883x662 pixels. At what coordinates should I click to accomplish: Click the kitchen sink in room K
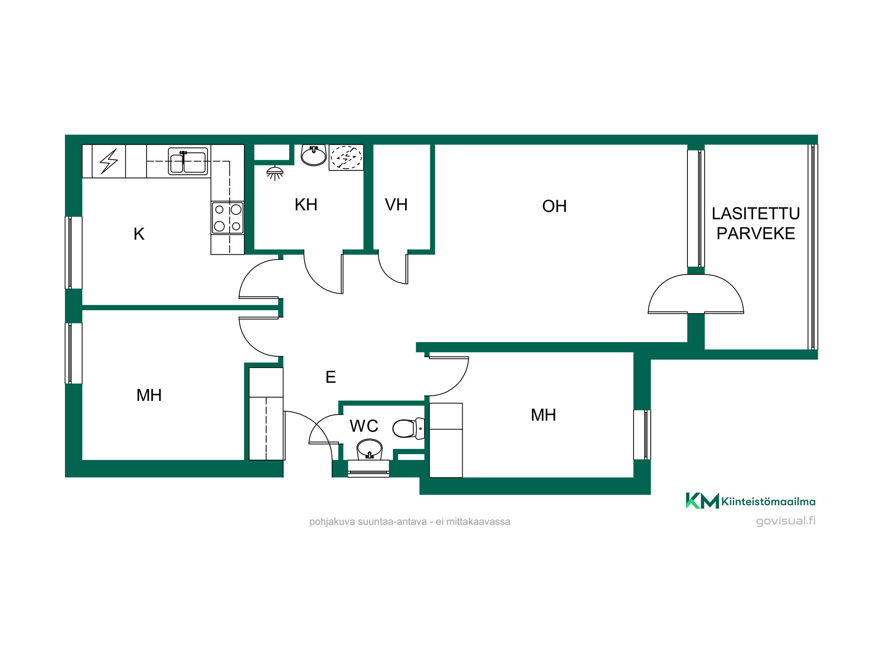click(188, 162)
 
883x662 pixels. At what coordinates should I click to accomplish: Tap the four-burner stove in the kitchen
click(227, 218)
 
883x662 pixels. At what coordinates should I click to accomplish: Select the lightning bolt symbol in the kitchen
click(109, 161)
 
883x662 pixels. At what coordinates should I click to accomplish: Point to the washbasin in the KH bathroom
click(313, 155)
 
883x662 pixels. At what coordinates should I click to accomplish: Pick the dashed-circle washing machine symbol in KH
click(346, 157)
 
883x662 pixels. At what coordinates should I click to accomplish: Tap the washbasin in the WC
click(369, 449)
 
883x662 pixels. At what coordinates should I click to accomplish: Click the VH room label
click(396, 205)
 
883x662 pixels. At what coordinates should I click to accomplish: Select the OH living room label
click(554, 206)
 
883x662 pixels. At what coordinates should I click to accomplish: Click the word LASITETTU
click(755, 214)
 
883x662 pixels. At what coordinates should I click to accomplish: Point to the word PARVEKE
click(755, 233)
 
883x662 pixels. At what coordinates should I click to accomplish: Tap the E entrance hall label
click(331, 377)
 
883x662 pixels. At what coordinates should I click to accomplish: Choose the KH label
click(306, 205)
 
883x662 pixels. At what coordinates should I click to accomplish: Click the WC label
click(364, 426)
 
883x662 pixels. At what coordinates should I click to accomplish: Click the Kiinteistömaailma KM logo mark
click(702, 501)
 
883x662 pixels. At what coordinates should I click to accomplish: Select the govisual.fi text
click(785, 521)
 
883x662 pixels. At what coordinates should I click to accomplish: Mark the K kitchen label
click(139, 234)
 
